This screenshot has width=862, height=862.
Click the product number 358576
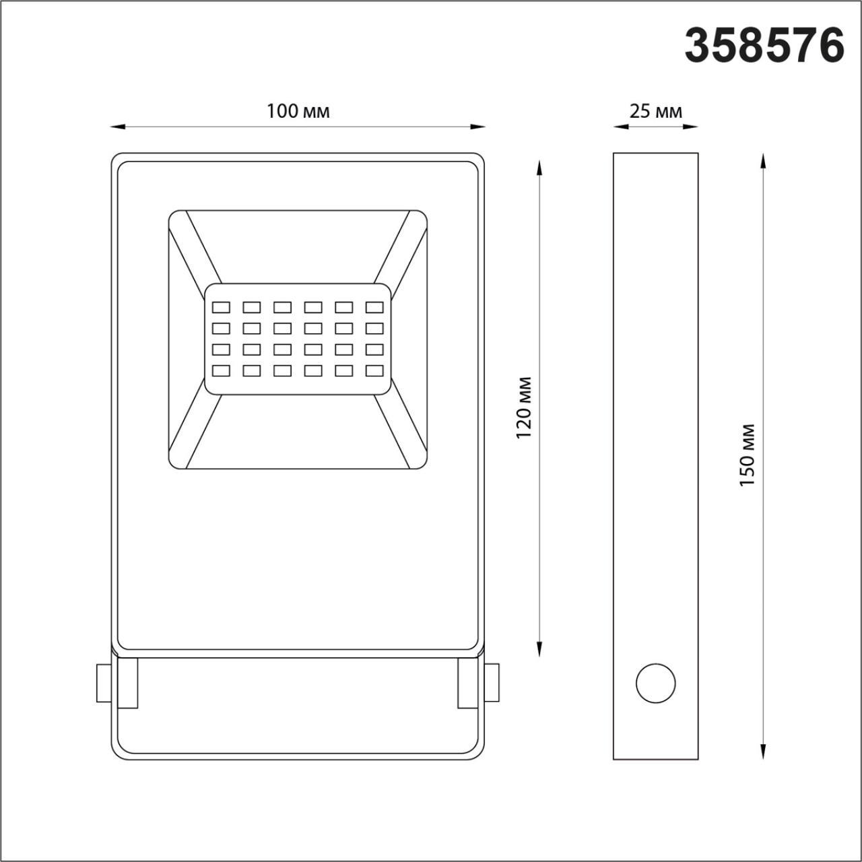(x=764, y=46)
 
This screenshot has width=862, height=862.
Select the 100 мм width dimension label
(x=298, y=111)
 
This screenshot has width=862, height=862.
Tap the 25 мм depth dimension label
(x=655, y=111)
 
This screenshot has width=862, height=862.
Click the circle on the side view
(x=655, y=684)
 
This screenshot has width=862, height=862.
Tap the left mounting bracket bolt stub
(x=104, y=683)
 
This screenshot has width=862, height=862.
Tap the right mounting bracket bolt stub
(x=492, y=683)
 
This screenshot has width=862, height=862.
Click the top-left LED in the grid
(x=221, y=308)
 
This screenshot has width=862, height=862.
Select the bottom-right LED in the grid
(x=374, y=370)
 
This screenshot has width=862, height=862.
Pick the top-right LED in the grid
(x=374, y=308)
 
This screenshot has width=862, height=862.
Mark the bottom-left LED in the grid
(x=221, y=370)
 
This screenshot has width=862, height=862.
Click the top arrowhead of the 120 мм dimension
(x=539, y=166)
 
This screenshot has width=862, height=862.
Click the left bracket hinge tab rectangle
(x=127, y=683)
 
